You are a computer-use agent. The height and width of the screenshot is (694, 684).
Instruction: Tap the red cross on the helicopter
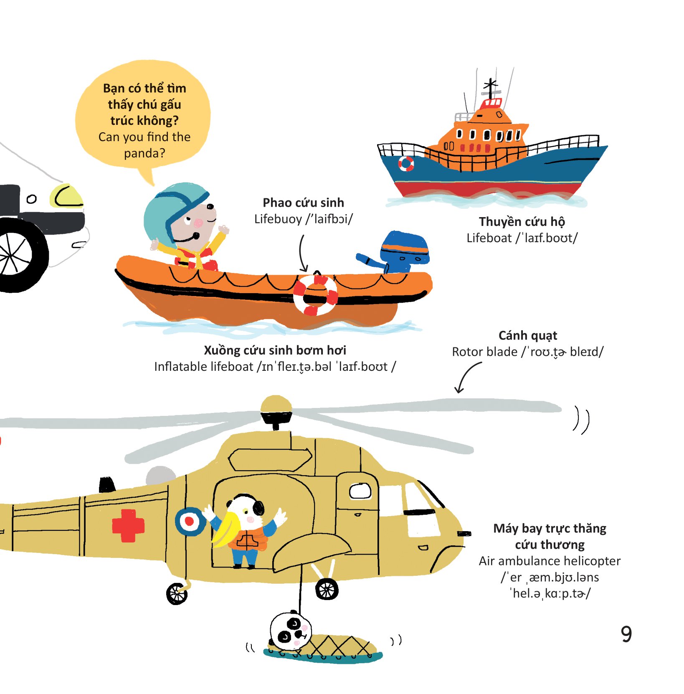tap(128, 525)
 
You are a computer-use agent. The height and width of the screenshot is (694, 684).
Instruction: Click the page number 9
tap(626, 634)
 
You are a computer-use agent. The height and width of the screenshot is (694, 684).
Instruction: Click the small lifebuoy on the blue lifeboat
tap(406, 163)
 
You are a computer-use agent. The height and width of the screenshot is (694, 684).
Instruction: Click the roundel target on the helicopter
tap(190, 521)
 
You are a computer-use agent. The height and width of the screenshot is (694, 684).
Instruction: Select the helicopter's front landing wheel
tap(327, 589)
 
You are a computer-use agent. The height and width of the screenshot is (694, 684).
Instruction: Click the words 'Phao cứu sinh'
tap(303, 203)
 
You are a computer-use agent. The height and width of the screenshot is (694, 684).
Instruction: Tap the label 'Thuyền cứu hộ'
tap(522, 221)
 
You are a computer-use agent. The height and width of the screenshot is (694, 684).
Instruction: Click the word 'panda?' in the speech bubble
tap(144, 153)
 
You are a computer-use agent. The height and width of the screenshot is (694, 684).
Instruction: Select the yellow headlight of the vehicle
tap(67, 196)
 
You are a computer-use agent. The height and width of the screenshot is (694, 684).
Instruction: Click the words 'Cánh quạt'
tap(528, 335)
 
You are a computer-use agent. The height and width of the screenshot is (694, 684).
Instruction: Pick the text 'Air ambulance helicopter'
tap(550, 561)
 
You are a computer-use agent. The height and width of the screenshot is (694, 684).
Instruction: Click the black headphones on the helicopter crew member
tap(257, 506)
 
